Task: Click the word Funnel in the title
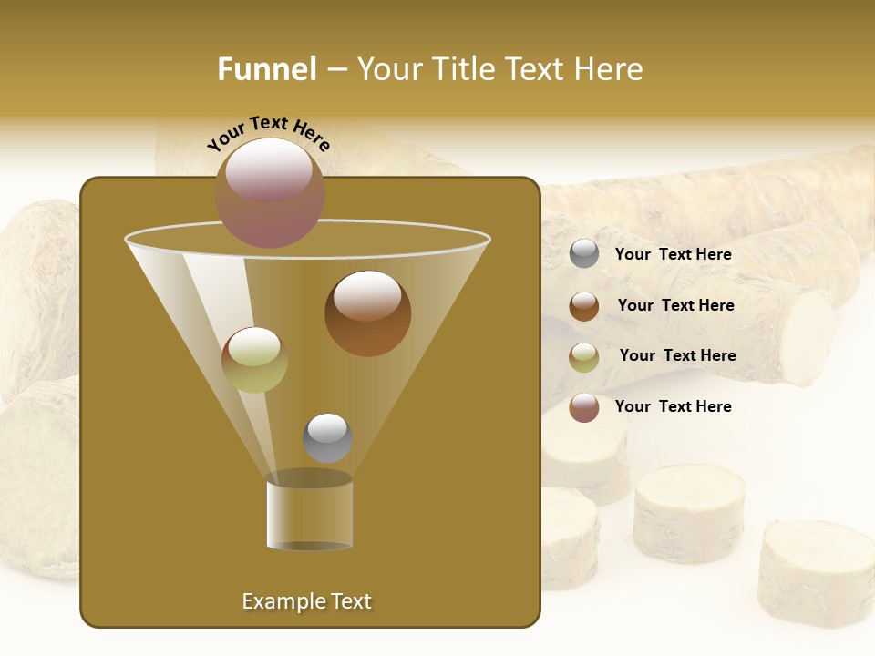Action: point(267,69)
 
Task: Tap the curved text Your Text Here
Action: point(269,133)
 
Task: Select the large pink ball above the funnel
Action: point(270,192)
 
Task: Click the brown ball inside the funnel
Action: point(367,313)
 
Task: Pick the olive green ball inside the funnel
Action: point(254,360)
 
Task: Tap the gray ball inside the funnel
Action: point(327,438)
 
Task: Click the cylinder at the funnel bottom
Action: point(310,516)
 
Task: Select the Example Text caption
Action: point(306,601)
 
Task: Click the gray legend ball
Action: point(584,254)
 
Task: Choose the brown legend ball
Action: point(584,306)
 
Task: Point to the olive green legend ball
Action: point(584,357)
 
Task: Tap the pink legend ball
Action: point(584,407)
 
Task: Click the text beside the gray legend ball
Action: point(673,255)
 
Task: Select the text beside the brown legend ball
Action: point(675,306)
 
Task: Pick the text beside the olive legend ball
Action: point(677,356)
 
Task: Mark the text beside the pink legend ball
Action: point(673,406)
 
